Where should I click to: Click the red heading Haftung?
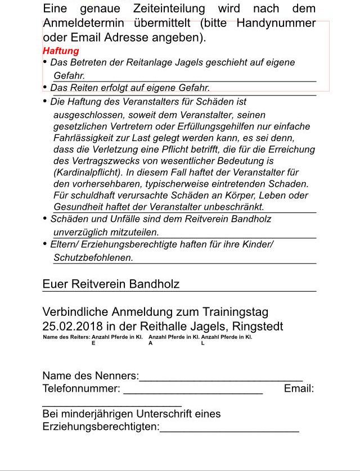pos(61,51)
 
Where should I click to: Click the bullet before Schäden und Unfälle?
pos(45,219)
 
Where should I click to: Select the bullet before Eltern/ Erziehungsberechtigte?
pos(45,244)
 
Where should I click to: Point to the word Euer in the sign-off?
pos(55,284)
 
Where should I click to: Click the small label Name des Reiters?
pos(66,337)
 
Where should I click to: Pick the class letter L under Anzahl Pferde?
pos(203,343)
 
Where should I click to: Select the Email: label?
pos(299,389)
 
